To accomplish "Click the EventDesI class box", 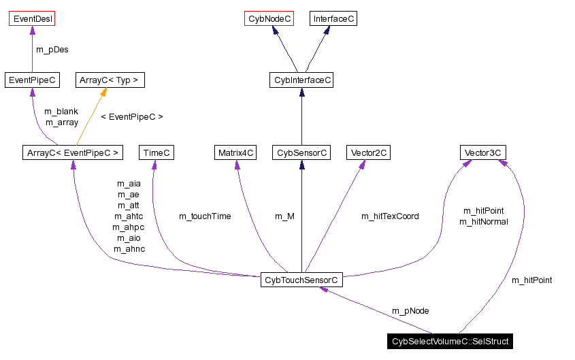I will click(x=32, y=18).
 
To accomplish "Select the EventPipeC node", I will click(x=31, y=80).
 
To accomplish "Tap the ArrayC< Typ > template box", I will click(x=109, y=80).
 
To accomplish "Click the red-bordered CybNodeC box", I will click(x=269, y=18).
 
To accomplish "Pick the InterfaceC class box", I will click(x=333, y=18).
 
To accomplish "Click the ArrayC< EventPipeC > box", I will click(x=71, y=152).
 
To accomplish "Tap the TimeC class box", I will click(x=156, y=152).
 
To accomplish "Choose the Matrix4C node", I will click(x=236, y=152).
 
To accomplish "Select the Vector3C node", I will click(x=482, y=152).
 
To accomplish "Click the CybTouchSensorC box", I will click(x=301, y=280).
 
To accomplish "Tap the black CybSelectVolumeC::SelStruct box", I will click(x=450, y=341).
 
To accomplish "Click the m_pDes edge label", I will click(x=52, y=50).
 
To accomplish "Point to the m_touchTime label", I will click(x=205, y=216).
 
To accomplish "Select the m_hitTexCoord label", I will click(x=390, y=216).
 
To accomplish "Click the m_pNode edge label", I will click(x=410, y=311).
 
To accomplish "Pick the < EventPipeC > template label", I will click(x=132, y=117).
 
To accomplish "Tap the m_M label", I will click(x=284, y=216).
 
